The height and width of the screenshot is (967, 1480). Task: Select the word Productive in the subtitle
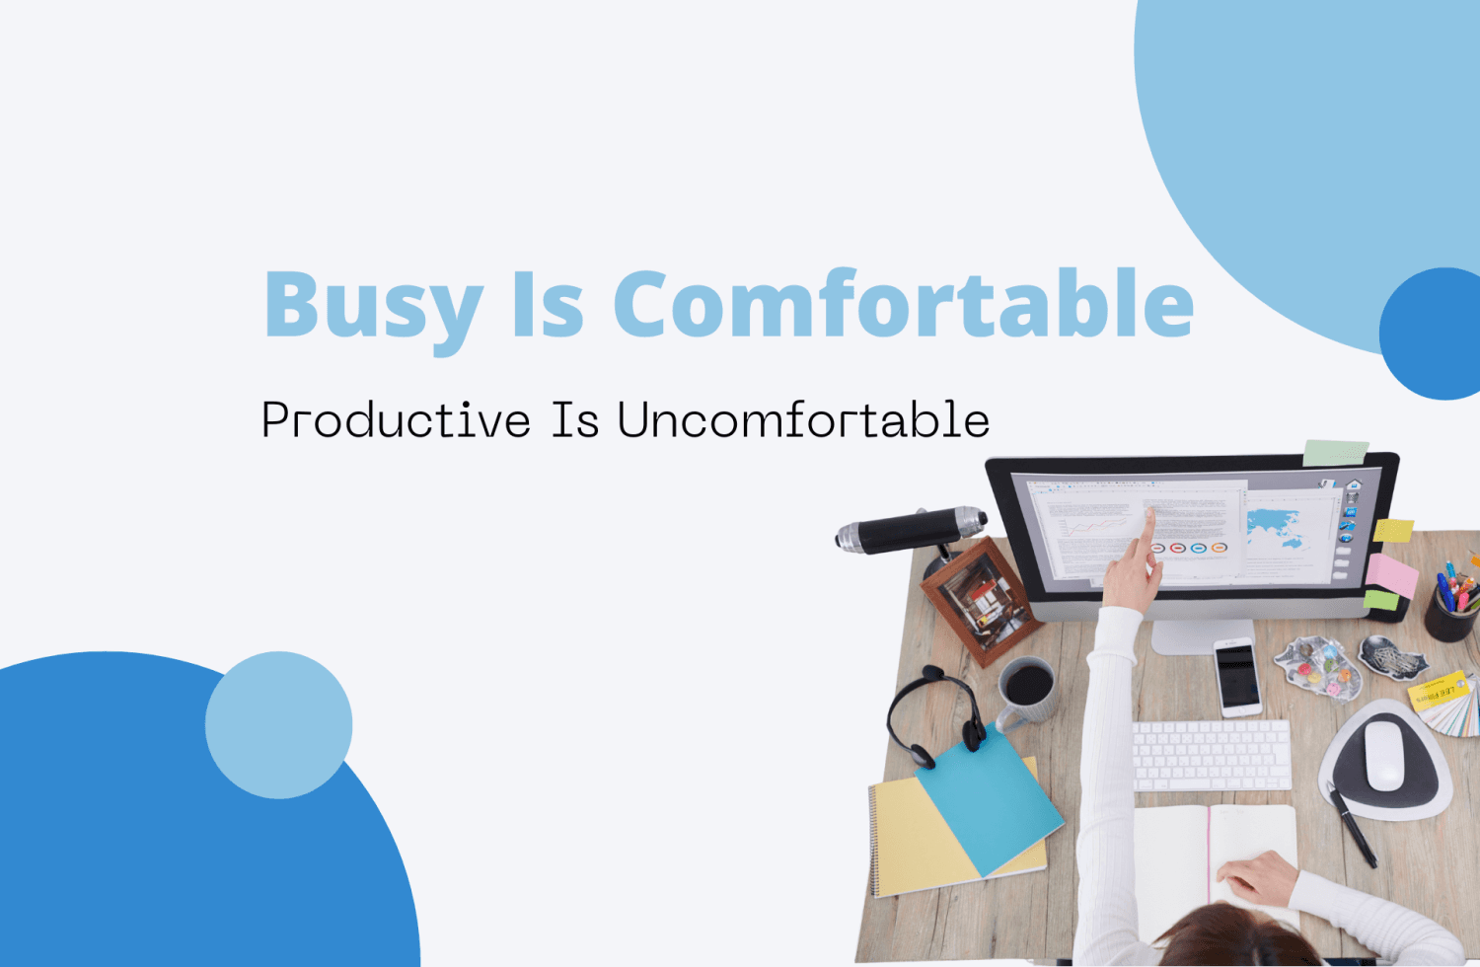(x=396, y=421)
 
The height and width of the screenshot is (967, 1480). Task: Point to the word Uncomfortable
(x=803, y=421)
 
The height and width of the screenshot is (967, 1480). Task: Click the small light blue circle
(x=278, y=724)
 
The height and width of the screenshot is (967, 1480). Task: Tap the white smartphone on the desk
(x=1237, y=676)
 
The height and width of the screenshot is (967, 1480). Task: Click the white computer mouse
(x=1384, y=754)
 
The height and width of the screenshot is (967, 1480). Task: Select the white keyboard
(x=1212, y=755)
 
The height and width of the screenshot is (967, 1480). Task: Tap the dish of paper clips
(x=1318, y=666)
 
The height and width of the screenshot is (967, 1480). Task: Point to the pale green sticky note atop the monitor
(x=1335, y=453)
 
